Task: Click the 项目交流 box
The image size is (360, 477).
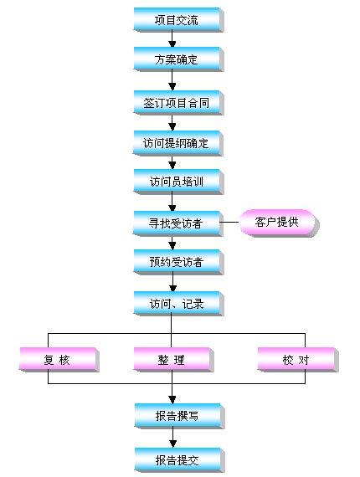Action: (x=178, y=20)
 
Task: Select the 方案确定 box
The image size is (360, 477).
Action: (x=178, y=59)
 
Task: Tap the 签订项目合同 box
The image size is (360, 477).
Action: (x=178, y=103)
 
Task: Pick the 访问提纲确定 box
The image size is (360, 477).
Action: (x=178, y=143)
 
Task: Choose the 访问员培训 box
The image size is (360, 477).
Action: (x=178, y=182)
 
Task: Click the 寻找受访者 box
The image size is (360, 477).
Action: (x=178, y=223)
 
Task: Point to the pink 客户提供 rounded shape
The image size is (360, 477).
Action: (x=279, y=223)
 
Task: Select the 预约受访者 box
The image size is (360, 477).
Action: (x=178, y=262)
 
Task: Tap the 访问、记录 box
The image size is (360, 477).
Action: (x=178, y=303)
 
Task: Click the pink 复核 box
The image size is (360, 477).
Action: (x=59, y=360)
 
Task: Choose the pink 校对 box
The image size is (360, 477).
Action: (x=298, y=360)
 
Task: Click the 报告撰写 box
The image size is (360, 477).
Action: (x=179, y=416)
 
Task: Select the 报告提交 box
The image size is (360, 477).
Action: (x=179, y=460)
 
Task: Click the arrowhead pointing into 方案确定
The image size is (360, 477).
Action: (x=172, y=44)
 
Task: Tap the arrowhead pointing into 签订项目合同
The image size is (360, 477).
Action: (x=172, y=87)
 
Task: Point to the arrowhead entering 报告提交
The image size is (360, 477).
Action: (x=172, y=444)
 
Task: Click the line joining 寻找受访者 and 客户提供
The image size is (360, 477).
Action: (x=229, y=222)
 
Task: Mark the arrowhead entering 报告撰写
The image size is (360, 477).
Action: (x=172, y=400)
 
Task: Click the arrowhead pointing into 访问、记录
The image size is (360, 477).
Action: (x=172, y=288)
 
